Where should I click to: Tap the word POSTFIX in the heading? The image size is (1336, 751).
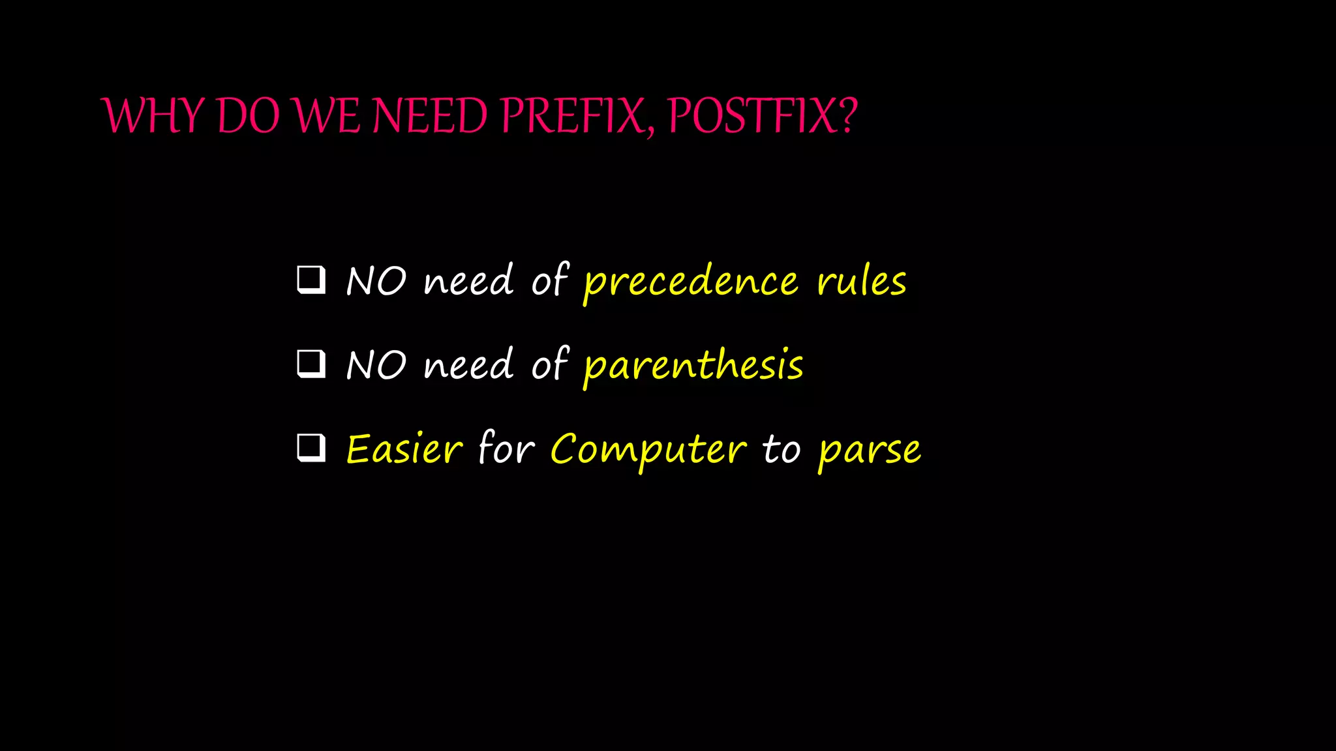pyautogui.click(x=750, y=116)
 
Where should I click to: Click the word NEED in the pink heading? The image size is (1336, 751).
pyautogui.click(x=430, y=116)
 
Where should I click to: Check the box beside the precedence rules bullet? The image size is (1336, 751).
pyautogui.click(x=311, y=280)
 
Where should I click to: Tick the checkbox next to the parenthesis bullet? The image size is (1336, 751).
pyautogui.click(x=311, y=364)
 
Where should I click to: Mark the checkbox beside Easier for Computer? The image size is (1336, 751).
pyautogui.click(x=311, y=448)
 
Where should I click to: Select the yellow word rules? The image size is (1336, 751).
pyautogui.click(x=861, y=282)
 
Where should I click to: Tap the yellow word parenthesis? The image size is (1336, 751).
pyautogui.click(x=693, y=365)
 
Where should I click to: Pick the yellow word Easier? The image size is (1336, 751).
pyautogui.click(x=404, y=449)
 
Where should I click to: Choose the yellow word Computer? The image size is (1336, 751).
pyautogui.click(x=648, y=450)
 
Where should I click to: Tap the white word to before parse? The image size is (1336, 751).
pyautogui.click(x=781, y=449)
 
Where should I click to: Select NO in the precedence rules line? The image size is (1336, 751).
pyautogui.click(x=376, y=282)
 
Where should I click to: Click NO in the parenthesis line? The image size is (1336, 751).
pyautogui.click(x=376, y=365)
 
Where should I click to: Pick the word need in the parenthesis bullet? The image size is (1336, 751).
pyautogui.click(x=468, y=365)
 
